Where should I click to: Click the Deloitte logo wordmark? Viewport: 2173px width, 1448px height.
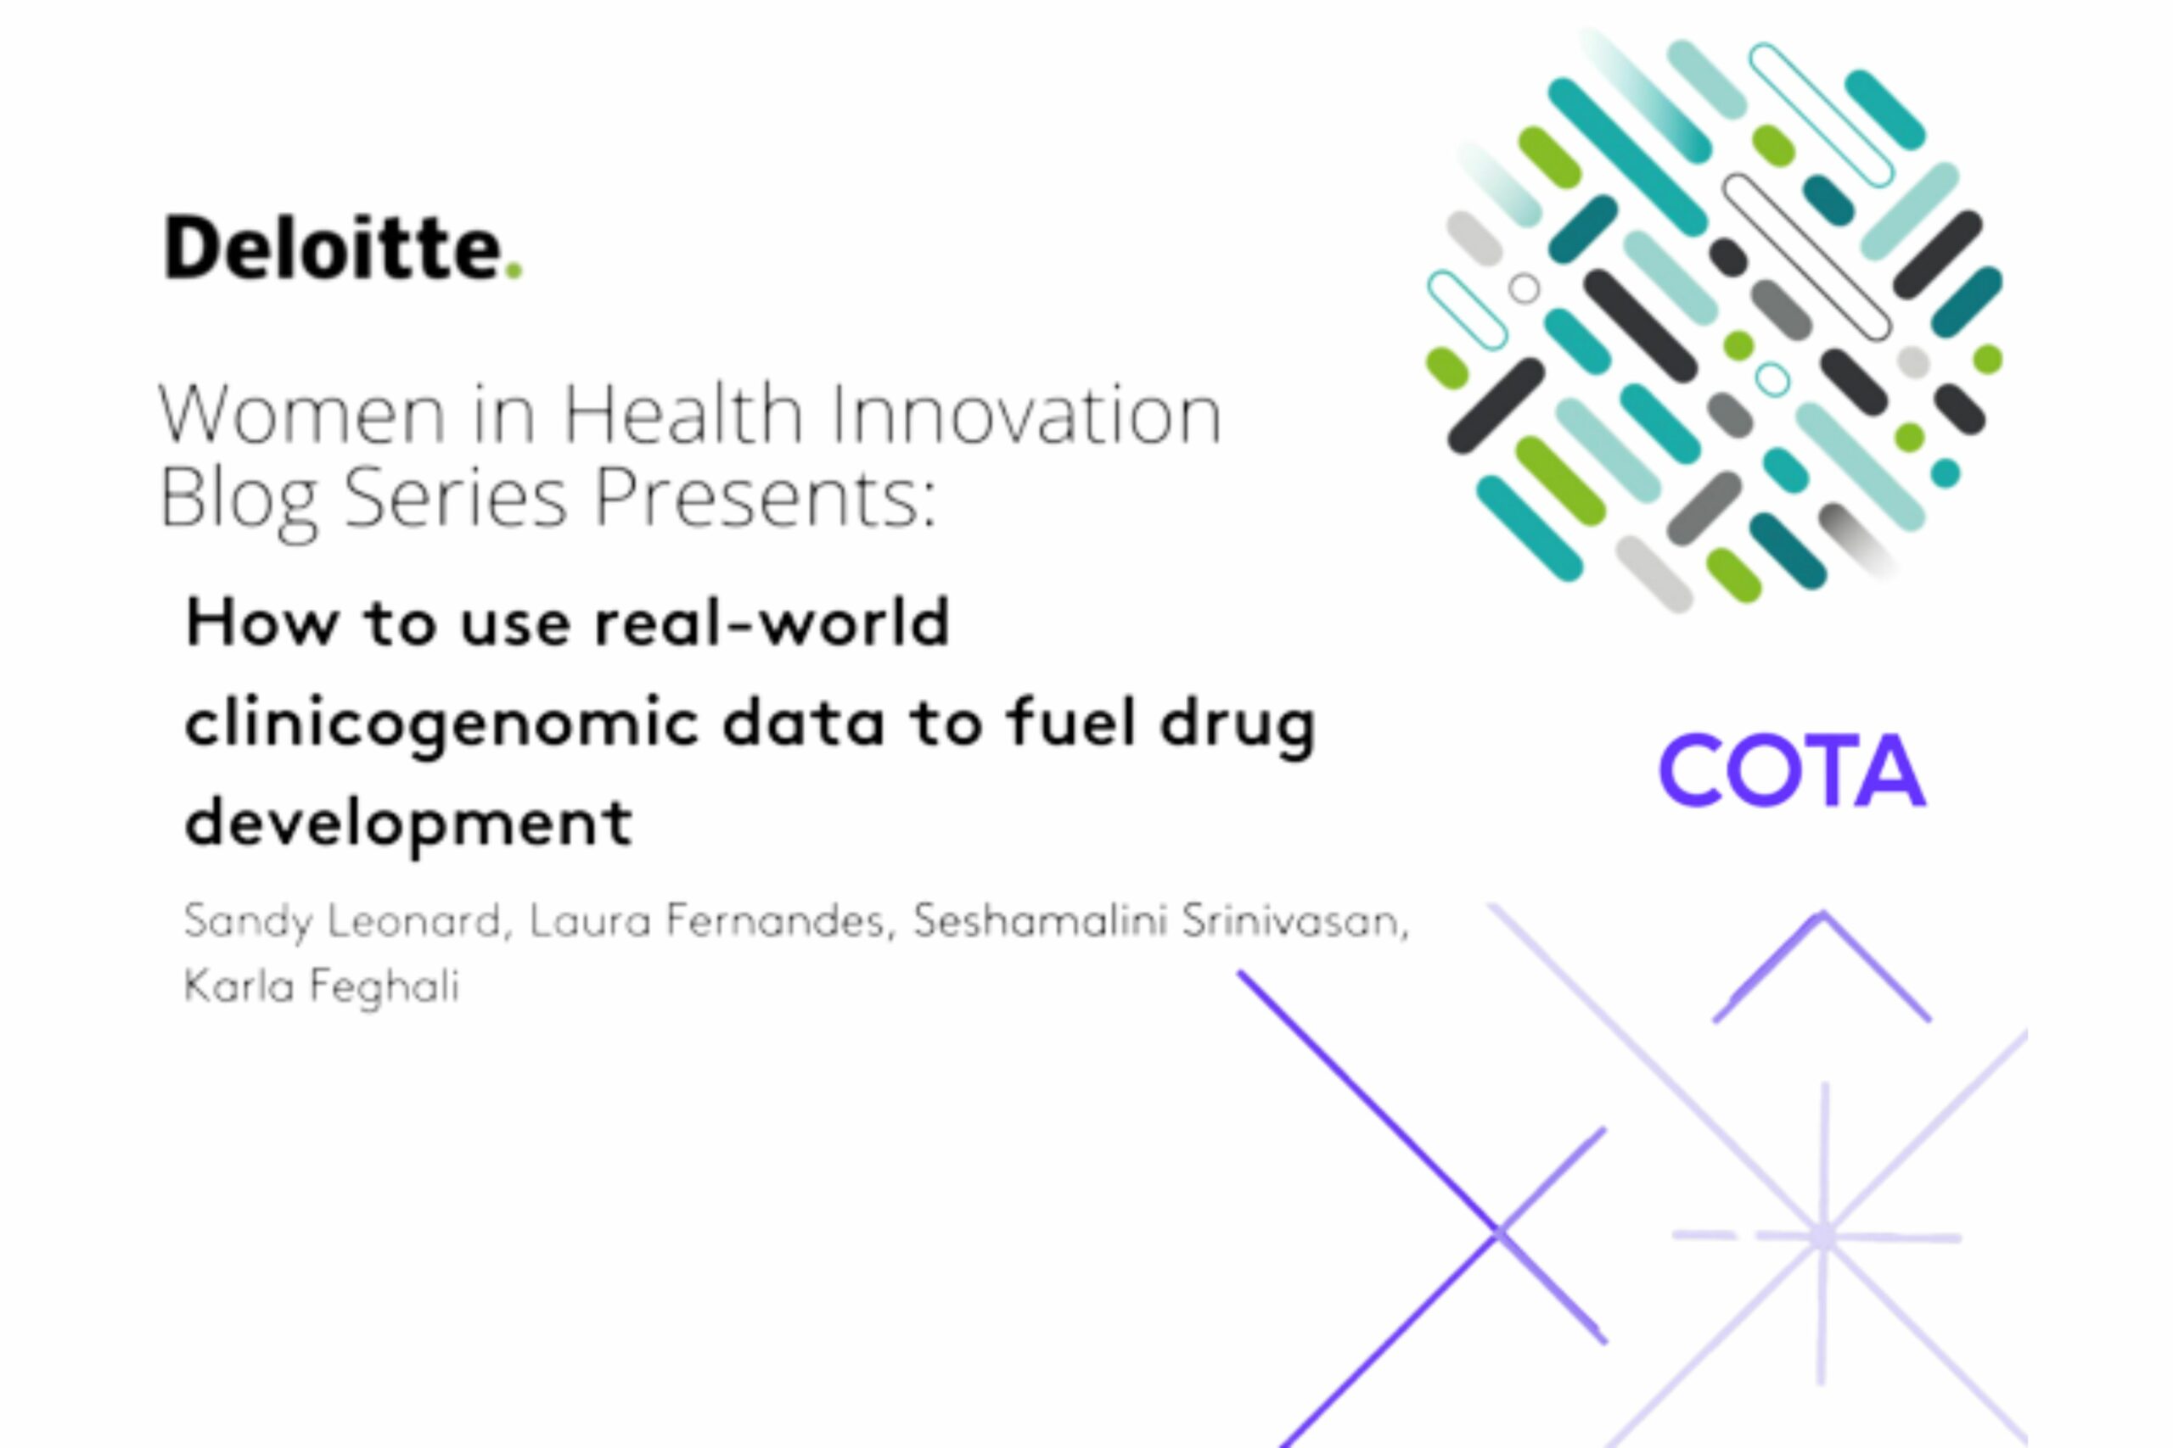[333, 247]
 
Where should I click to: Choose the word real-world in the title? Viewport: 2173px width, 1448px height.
[772, 623]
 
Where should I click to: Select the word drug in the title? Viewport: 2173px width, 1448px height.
[1238, 723]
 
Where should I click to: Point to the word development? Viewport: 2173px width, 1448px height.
[408, 822]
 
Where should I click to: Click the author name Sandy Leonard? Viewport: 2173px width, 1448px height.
[342, 921]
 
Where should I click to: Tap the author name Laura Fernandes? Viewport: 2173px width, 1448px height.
[708, 921]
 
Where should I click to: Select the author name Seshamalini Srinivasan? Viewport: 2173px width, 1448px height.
[1159, 921]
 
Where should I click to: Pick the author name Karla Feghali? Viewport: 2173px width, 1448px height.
[322, 987]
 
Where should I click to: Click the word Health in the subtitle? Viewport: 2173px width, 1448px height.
[683, 415]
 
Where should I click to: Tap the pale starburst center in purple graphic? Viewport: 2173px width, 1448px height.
[1822, 1236]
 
